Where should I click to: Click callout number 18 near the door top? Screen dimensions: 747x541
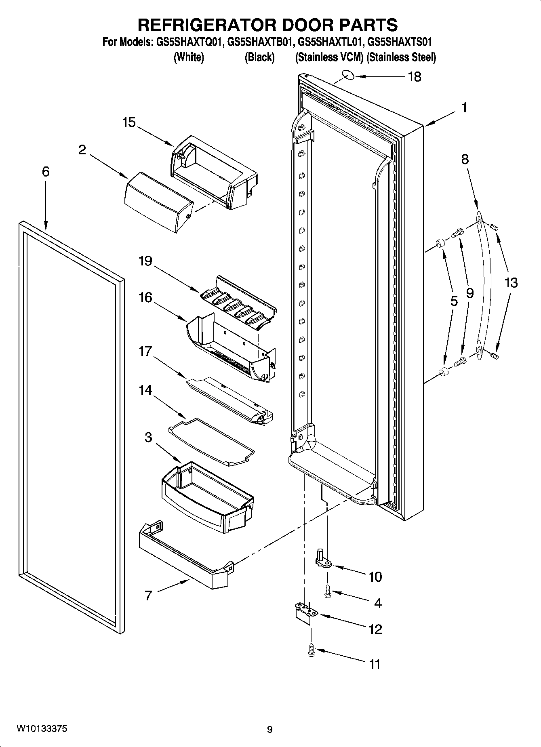click(415, 76)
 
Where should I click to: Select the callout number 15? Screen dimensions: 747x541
click(129, 122)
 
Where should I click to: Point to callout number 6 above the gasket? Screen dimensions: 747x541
click(46, 172)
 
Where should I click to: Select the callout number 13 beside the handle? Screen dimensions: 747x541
click(511, 282)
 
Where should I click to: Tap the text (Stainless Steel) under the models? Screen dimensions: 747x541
click(401, 57)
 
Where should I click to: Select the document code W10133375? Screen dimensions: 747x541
click(42, 729)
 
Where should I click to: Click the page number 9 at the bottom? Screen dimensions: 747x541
click(270, 729)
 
